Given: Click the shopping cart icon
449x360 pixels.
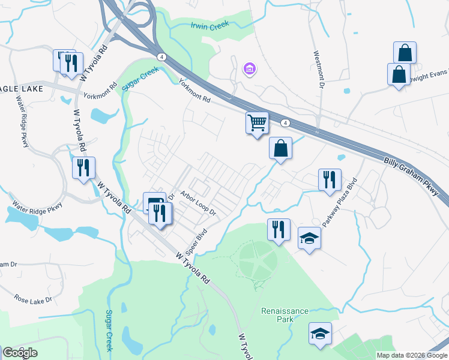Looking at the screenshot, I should pyautogui.click(x=257, y=122).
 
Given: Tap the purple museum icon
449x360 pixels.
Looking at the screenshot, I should pyautogui.click(x=249, y=70).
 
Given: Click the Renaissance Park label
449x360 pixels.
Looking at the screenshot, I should pyautogui.click(x=285, y=315).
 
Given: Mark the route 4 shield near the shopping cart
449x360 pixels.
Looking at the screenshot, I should pyautogui.click(x=285, y=122).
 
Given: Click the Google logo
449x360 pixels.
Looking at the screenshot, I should pyautogui.click(x=20, y=353).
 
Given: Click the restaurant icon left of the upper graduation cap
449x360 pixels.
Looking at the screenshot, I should pyautogui.click(x=279, y=229).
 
